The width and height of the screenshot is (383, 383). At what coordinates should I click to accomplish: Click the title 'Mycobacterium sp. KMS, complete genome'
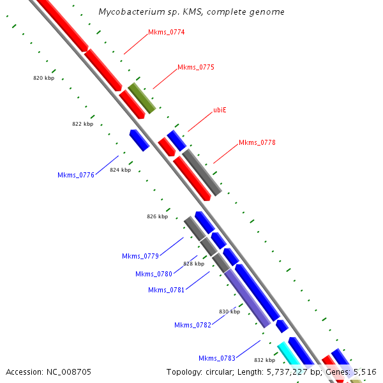pyautogui.click(x=191, y=12)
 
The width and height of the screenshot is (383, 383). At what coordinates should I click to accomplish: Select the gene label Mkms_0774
pyautogui.click(x=166, y=32)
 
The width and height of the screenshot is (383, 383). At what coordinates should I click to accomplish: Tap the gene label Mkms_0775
pyautogui.click(x=195, y=67)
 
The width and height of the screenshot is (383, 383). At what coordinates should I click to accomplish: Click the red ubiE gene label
pyautogui.click(x=220, y=110)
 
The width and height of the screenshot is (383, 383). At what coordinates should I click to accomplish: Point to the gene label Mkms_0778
pyautogui.click(x=257, y=142)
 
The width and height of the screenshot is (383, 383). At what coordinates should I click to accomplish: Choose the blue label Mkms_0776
pyautogui.click(x=76, y=175)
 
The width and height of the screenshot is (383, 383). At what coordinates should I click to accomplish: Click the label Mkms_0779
pyautogui.click(x=140, y=256)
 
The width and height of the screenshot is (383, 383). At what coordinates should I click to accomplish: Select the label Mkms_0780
pyautogui.click(x=154, y=274)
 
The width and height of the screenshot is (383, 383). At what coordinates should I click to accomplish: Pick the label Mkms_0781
pyautogui.click(x=167, y=290)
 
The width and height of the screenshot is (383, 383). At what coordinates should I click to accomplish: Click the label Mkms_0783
pyautogui.click(x=217, y=357)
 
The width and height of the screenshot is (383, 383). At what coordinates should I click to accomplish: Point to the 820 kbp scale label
pyautogui.click(x=43, y=78)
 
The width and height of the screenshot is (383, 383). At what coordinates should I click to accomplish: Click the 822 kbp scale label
pyautogui.click(x=82, y=124)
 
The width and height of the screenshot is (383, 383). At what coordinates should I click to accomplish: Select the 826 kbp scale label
pyautogui.click(x=157, y=216)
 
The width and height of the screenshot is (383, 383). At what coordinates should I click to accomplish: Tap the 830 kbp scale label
pyautogui.click(x=229, y=312)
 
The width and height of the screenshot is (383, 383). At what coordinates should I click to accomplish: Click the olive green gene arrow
pyautogui.click(x=142, y=98)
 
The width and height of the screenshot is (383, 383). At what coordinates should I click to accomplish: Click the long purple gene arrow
pyautogui.click(x=246, y=298)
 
